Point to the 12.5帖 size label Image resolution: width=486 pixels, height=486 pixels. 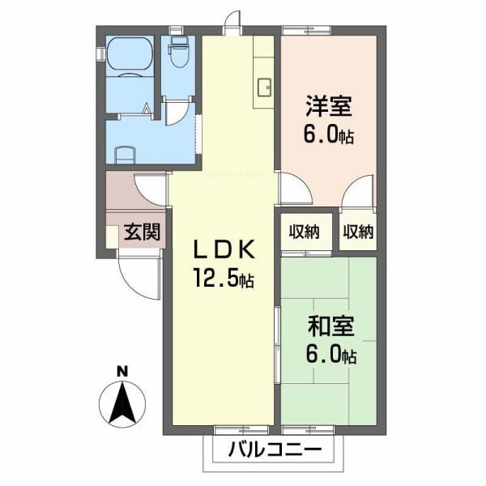point(222,279)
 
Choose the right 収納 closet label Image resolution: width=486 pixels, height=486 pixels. point(357,232)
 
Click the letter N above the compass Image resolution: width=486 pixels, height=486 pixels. point(122,373)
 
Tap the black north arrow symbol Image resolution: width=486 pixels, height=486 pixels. point(122,403)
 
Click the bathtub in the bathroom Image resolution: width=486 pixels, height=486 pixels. point(130,57)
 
